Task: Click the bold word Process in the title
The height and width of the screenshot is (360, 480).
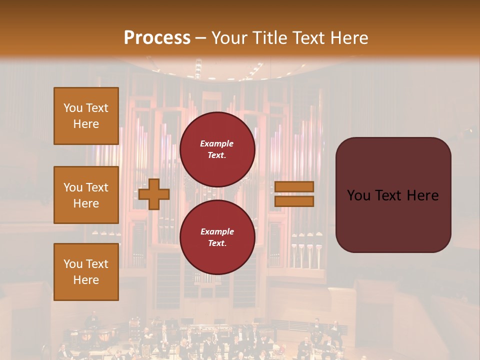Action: tap(157, 37)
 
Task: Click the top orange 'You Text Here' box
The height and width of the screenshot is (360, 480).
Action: tap(86, 116)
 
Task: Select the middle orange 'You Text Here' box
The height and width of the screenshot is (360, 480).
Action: tap(86, 195)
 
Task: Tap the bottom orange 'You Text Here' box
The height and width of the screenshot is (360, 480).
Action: tap(86, 272)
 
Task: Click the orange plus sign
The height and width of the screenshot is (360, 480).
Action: tap(153, 194)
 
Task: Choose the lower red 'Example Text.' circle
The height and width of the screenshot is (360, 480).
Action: tap(217, 237)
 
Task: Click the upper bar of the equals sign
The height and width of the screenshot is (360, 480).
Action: tap(294, 186)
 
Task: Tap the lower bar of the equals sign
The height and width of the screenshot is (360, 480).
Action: tap(294, 201)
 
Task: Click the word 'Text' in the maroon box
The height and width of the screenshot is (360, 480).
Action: tap(392, 195)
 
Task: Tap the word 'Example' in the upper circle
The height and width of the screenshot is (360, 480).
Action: tap(217, 143)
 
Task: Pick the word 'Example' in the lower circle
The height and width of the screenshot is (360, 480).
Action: tap(217, 231)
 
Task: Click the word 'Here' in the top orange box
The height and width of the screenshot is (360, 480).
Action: tap(86, 124)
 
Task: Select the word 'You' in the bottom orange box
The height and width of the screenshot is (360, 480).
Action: tap(73, 264)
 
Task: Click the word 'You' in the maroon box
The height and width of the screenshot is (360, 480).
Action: tap(359, 195)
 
